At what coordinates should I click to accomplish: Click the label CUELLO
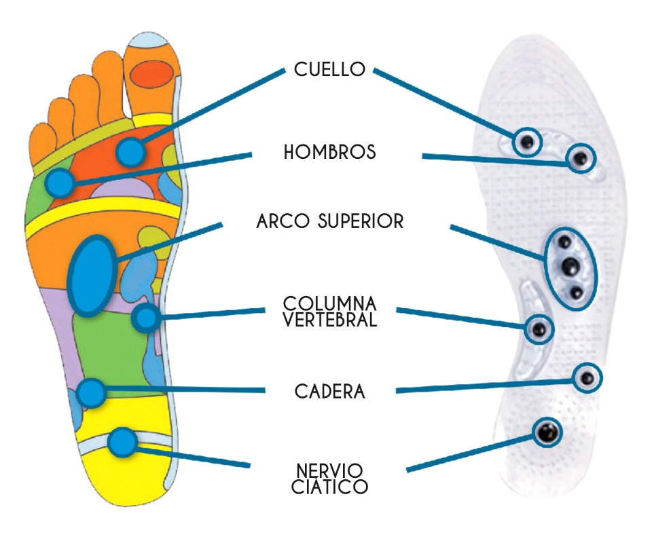coord(330,69)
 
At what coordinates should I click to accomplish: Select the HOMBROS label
coord(329,152)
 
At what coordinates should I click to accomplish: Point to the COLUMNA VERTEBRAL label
coord(330,312)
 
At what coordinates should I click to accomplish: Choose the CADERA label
coord(330,392)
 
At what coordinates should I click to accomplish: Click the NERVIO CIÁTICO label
coord(330,479)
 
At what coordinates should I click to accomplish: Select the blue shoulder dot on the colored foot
coord(61,182)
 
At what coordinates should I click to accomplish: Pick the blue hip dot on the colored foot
coord(91,392)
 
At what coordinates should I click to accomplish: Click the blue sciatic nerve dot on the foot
coord(122,442)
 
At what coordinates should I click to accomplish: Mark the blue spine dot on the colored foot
coord(145,317)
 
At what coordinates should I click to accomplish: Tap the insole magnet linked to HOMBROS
coord(580,159)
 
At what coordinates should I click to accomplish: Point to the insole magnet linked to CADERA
coord(588,377)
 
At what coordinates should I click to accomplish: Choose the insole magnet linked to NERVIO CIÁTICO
coord(547,431)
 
